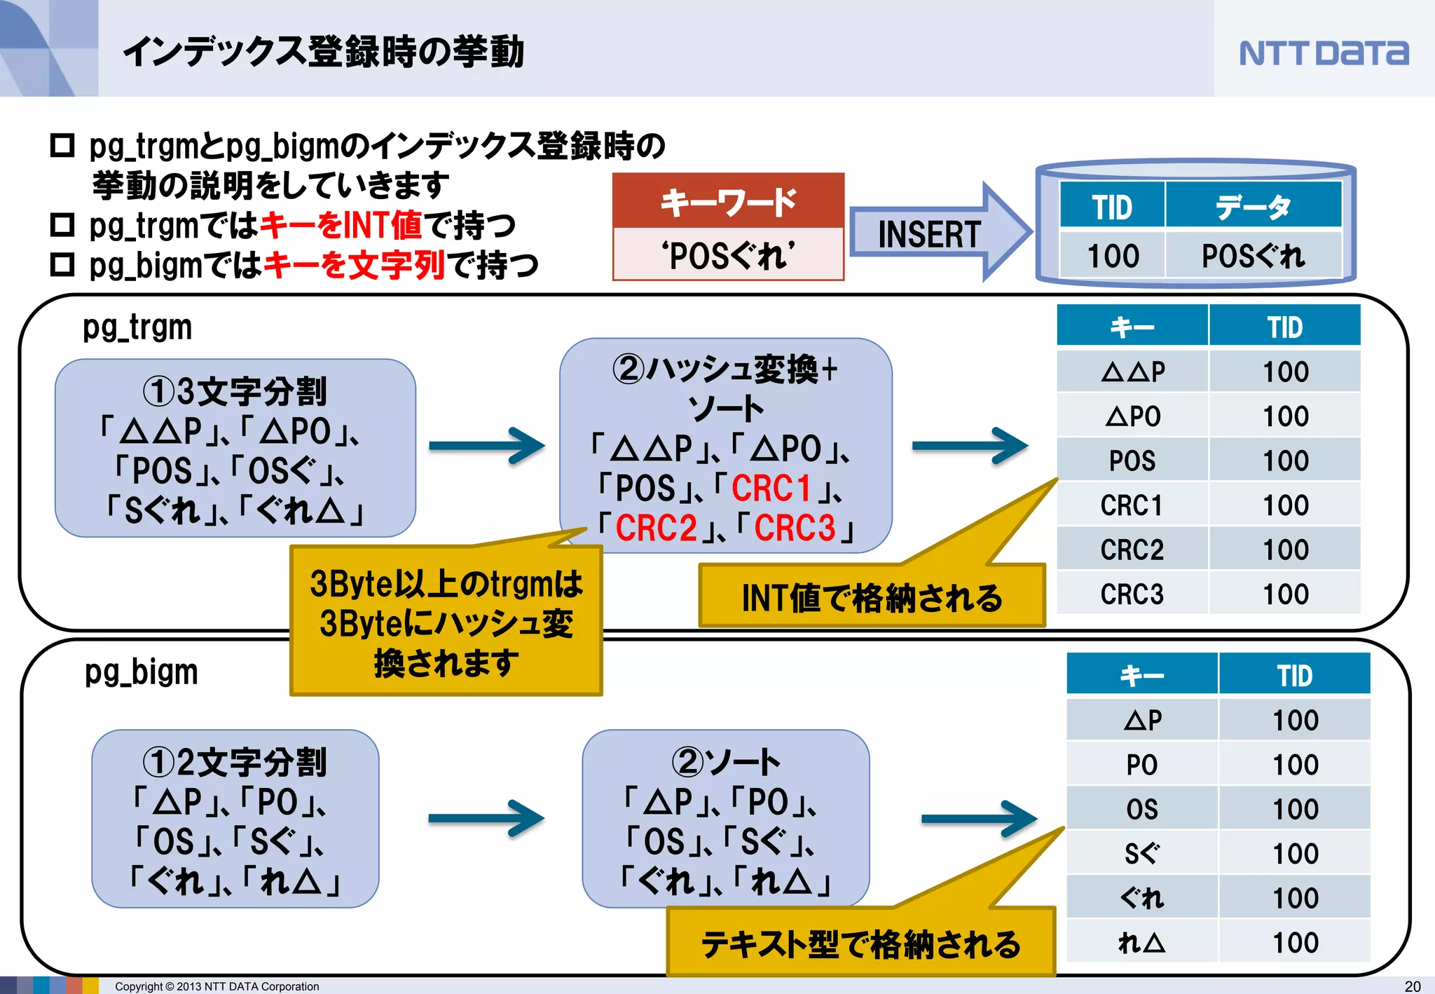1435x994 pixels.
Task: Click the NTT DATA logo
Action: (x=1323, y=53)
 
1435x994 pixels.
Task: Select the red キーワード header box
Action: (x=728, y=201)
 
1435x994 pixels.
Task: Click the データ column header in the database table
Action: (x=1253, y=207)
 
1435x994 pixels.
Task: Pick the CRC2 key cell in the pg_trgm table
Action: (x=1132, y=550)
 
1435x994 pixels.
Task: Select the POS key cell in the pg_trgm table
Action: (x=1132, y=461)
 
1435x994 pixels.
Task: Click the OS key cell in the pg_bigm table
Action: (x=1141, y=809)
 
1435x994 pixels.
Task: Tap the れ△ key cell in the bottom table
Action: (x=1141, y=942)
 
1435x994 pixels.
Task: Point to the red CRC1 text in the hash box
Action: (x=771, y=489)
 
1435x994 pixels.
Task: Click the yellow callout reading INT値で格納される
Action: (x=872, y=597)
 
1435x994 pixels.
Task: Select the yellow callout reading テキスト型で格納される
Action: (x=860, y=944)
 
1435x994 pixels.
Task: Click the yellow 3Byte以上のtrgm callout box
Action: (x=446, y=622)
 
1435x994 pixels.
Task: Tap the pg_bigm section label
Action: (x=141, y=672)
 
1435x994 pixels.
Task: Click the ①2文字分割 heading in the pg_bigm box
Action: (x=235, y=762)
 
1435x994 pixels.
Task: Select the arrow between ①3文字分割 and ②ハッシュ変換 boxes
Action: (x=487, y=446)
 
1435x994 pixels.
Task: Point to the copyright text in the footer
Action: (x=217, y=986)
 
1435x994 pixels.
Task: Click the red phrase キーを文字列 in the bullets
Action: (x=355, y=265)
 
